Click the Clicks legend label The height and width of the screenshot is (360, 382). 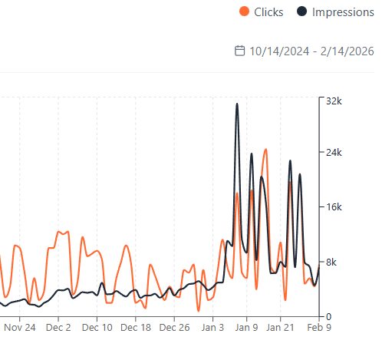[268, 12]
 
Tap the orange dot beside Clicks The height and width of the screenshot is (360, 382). [245, 12]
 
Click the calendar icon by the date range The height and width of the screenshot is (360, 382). [239, 51]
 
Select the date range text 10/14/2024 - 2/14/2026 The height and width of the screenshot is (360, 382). [311, 51]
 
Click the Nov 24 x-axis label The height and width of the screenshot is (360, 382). [20, 327]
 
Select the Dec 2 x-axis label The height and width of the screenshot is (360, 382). [58, 327]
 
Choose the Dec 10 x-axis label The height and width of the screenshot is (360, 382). [97, 327]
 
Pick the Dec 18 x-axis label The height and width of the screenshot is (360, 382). [136, 327]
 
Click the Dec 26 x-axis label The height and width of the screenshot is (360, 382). [174, 327]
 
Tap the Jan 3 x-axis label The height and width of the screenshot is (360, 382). [212, 327]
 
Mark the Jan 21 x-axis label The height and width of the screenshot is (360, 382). [279, 327]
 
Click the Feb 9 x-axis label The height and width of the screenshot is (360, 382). [319, 327]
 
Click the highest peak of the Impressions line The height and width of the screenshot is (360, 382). [237, 104]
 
